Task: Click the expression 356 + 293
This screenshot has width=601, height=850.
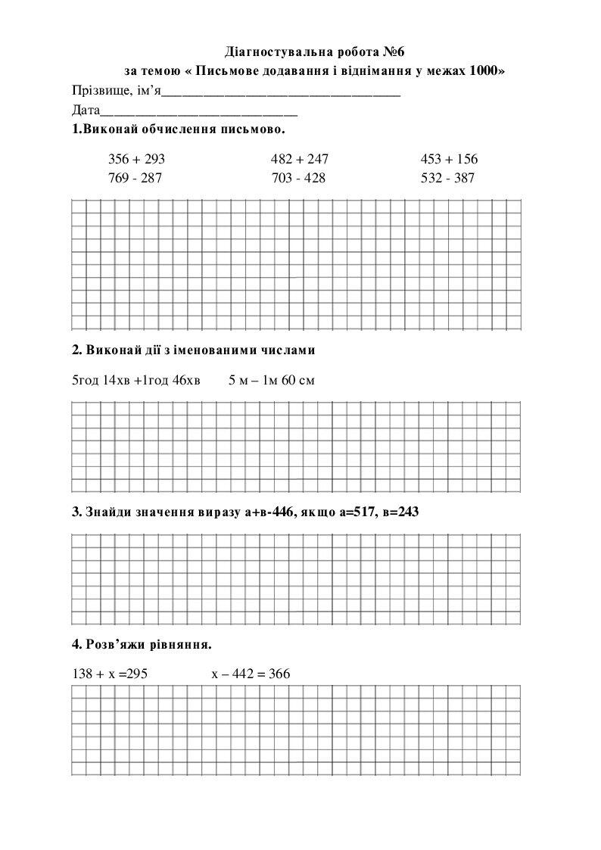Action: tap(136, 160)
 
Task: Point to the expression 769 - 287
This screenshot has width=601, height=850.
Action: tap(135, 178)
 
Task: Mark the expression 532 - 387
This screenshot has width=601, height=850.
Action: tap(447, 178)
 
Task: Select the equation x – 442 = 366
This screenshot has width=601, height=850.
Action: tap(251, 674)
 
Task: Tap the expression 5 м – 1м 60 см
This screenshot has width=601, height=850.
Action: tap(271, 380)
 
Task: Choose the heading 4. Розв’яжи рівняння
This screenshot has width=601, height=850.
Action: tap(142, 645)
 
